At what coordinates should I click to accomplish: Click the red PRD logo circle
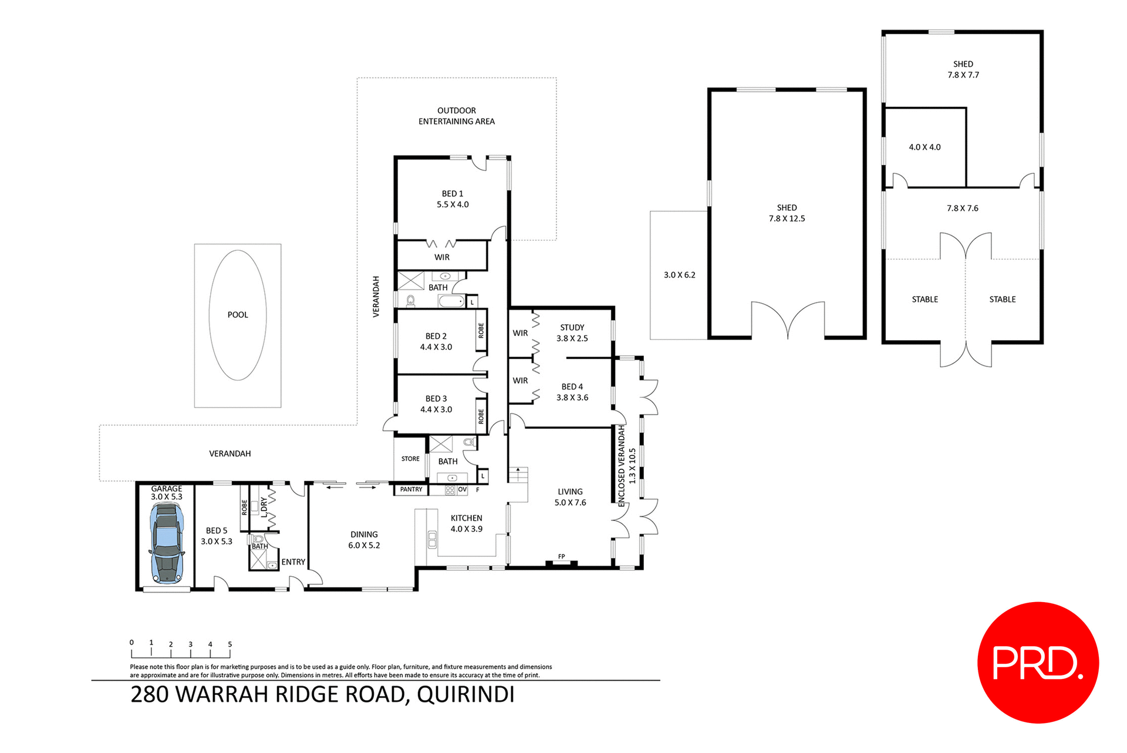pyautogui.click(x=1038, y=662)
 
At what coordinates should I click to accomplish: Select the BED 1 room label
pyautogui.click(x=453, y=194)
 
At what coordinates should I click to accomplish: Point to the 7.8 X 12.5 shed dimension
pyautogui.click(x=787, y=218)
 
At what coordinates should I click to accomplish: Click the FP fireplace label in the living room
pyautogui.click(x=562, y=556)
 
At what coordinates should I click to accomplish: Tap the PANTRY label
pyautogui.click(x=411, y=489)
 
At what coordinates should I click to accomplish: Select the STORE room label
pyautogui.click(x=410, y=459)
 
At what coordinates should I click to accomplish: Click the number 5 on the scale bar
pyautogui.click(x=230, y=644)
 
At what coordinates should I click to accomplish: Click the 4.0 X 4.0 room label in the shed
pyautogui.click(x=924, y=147)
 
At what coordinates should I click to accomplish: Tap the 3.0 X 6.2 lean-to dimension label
pyautogui.click(x=679, y=275)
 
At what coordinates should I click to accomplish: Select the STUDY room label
pyautogui.click(x=572, y=328)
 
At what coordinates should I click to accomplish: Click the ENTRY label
pyautogui.click(x=293, y=562)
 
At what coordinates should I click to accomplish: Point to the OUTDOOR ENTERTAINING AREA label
pyautogui.click(x=456, y=116)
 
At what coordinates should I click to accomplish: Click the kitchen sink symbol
pyautogui.click(x=433, y=539)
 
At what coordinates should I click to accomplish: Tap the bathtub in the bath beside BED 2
pyautogui.click(x=451, y=302)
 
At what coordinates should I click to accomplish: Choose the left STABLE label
pyautogui.click(x=924, y=300)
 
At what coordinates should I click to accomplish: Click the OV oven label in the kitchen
pyautogui.click(x=463, y=489)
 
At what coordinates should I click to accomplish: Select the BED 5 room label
pyautogui.click(x=216, y=531)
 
